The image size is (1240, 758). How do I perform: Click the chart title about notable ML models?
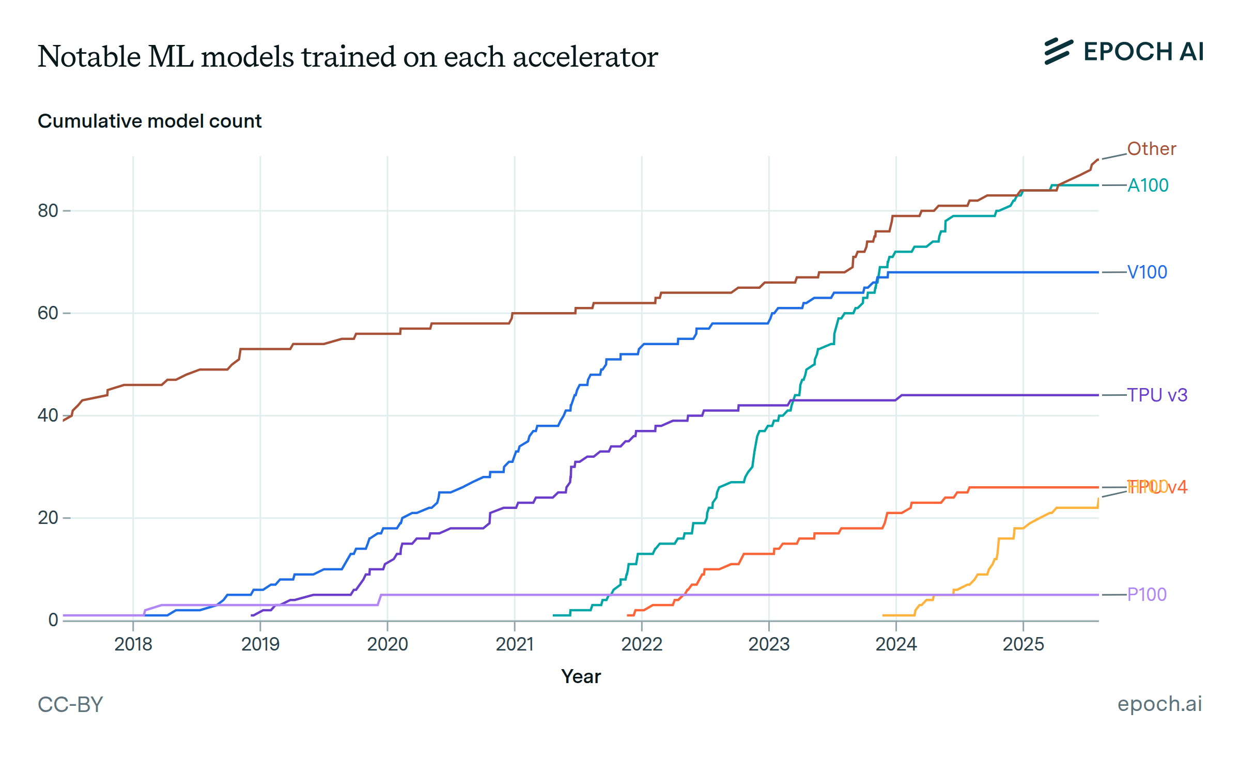point(347,56)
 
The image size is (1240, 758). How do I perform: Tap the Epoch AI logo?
point(1124,52)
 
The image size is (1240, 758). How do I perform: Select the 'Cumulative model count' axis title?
point(149,121)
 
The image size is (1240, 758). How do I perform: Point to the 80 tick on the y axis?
point(48,211)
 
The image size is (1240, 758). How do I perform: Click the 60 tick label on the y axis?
point(48,313)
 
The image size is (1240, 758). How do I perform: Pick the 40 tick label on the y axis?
point(48,415)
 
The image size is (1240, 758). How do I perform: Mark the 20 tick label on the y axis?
point(48,518)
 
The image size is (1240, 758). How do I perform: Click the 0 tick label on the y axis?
point(53,620)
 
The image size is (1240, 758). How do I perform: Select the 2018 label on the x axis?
point(133,644)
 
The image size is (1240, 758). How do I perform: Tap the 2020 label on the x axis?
point(388,644)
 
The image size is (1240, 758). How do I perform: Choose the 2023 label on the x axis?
point(769,644)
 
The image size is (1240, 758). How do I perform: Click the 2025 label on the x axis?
point(1023,644)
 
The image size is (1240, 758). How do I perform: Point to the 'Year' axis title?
point(581,677)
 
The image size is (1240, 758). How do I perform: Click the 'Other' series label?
point(1151,149)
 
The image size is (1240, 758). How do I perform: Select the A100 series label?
point(1148,185)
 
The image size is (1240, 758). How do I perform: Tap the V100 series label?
point(1147,272)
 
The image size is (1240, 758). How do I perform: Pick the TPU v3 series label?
point(1157,395)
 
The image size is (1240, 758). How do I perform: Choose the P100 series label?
point(1146,595)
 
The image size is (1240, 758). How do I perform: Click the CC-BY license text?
point(70,705)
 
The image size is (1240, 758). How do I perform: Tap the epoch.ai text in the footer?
point(1159,704)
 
